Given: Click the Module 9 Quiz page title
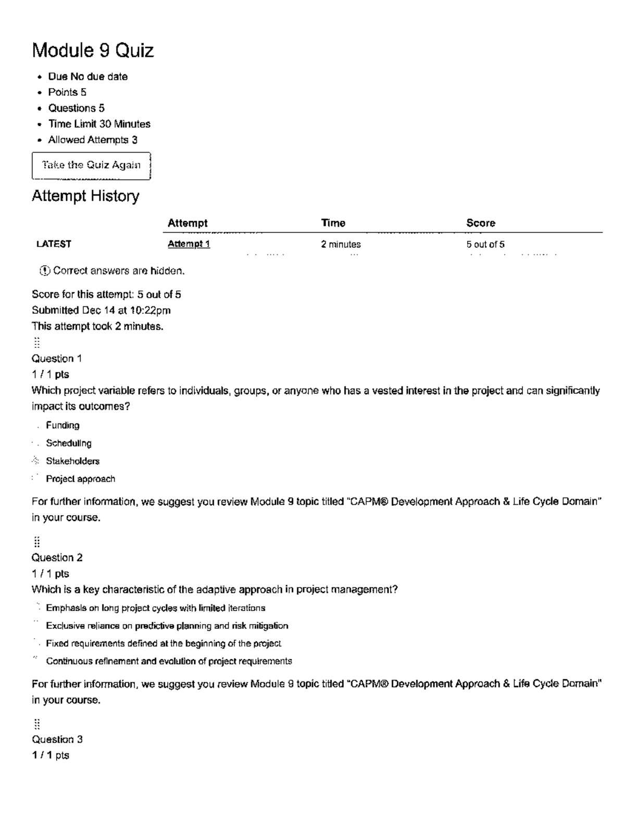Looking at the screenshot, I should pyautogui.click(x=93, y=51).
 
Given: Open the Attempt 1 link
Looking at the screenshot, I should pyautogui.click(x=189, y=244).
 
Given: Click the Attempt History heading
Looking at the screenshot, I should pyautogui.click(x=85, y=196).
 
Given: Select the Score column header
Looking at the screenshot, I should pyautogui.click(x=480, y=223).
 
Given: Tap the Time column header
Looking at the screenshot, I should pyautogui.click(x=333, y=223).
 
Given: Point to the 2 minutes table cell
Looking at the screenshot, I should pyautogui.click(x=341, y=244).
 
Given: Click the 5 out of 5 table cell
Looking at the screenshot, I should pyautogui.click(x=485, y=244).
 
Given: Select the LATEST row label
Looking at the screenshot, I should pyautogui.click(x=54, y=244).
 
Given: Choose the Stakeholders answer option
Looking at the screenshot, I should pyautogui.click(x=72, y=461).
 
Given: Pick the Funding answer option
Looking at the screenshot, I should pyautogui.click(x=63, y=425).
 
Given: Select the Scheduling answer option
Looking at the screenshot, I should pyautogui.click(x=68, y=443).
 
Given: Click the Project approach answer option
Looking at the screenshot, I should pyautogui.click(x=80, y=479).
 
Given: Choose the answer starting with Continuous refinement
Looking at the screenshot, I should pyautogui.click(x=169, y=661).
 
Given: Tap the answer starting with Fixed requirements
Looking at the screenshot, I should pyautogui.click(x=164, y=643).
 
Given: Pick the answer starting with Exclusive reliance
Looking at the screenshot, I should pyautogui.click(x=167, y=626).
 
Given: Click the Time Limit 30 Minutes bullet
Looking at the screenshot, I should pyautogui.click(x=99, y=124).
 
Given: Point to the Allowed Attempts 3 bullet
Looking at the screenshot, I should pyautogui.click(x=93, y=140).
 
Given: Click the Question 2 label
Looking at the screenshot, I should pyautogui.click(x=57, y=557).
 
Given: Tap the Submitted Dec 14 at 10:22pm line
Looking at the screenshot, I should pyautogui.click(x=101, y=310).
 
